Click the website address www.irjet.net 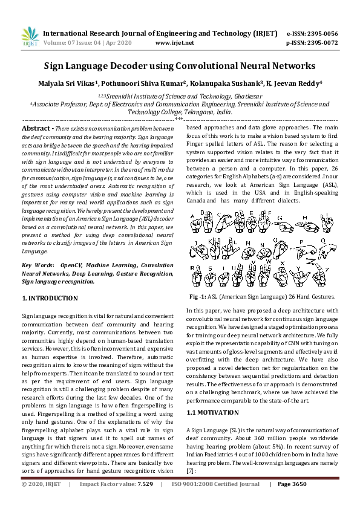pos(175,43)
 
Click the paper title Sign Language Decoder pos(180,65)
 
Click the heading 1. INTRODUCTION pos(50,299)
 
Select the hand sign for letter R pos(197,277)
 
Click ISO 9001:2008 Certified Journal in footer pos(216,501)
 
